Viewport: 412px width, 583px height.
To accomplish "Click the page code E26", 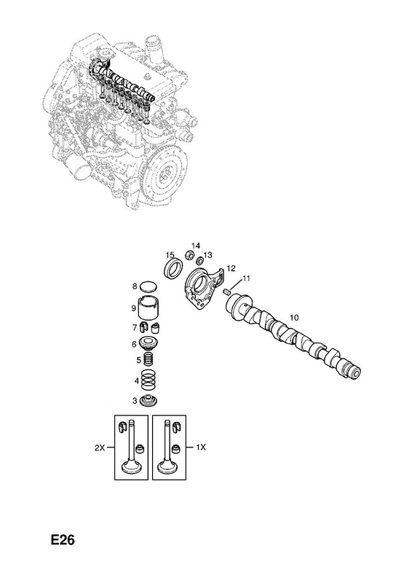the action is click(63, 539).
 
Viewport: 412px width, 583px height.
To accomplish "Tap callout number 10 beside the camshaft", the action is click(294, 318).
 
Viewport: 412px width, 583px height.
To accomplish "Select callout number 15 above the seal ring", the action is click(170, 254).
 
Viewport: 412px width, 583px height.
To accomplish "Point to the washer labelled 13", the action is click(199, 259).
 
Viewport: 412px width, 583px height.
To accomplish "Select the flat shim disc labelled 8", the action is click(148, 286).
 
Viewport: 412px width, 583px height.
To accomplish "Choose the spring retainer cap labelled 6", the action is click(148, 343).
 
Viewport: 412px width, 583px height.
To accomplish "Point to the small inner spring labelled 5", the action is click(148, 360).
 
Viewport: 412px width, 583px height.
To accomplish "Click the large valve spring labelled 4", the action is click(148, 380).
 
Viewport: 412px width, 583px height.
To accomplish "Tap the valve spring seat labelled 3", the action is click(148, 401).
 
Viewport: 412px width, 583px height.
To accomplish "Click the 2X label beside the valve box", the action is click(99, 448).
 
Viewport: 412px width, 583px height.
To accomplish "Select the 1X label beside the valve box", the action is click(201, 448).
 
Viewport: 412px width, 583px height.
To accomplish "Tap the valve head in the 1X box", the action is click(167, 467).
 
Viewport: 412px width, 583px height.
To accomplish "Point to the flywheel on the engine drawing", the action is click(166, 176).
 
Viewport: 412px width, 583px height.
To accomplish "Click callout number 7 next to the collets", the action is click(135, 327).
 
